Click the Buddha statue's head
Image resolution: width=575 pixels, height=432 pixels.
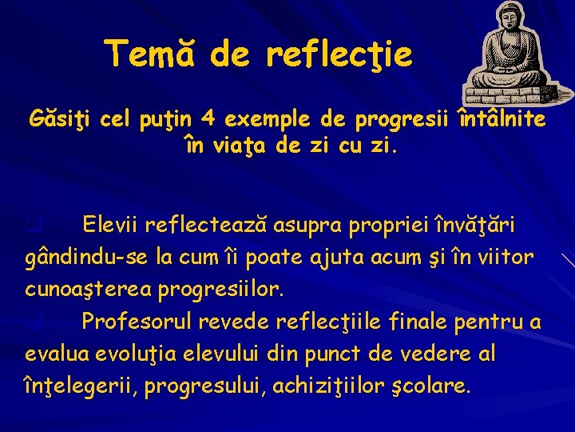click(507, 18)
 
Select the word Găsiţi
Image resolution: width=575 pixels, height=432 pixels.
click(55, 121)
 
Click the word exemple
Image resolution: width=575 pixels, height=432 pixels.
click(274, 121)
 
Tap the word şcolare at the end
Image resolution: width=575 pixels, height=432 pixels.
click(438, 386)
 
